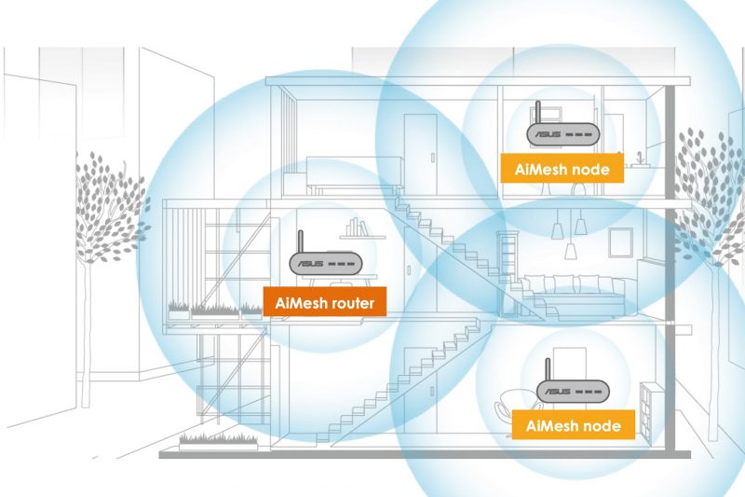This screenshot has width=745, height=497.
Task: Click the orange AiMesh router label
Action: tap(324, 301)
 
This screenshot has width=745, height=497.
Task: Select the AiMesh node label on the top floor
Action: tap(562, 169)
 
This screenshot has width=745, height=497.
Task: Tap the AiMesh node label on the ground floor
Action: tap(573, 424)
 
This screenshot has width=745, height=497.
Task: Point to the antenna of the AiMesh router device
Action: tap(300, 243)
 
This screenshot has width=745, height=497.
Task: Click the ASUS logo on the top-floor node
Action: tap(548, 134)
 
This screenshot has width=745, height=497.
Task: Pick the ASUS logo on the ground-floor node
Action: tap(558, 392)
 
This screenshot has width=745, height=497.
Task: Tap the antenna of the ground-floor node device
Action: tap(548, 371)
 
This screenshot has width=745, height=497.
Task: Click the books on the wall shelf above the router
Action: tap(358, 228)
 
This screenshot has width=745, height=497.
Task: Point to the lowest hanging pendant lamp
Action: tap(571, 251)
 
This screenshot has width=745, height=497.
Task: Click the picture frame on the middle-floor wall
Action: tap(620, 242)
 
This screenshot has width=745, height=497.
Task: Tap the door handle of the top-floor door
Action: tap(432, 157)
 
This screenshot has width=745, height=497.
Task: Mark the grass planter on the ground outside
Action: tap(218, 441)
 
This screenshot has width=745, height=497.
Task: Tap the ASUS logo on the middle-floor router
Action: tap(311, 264)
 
